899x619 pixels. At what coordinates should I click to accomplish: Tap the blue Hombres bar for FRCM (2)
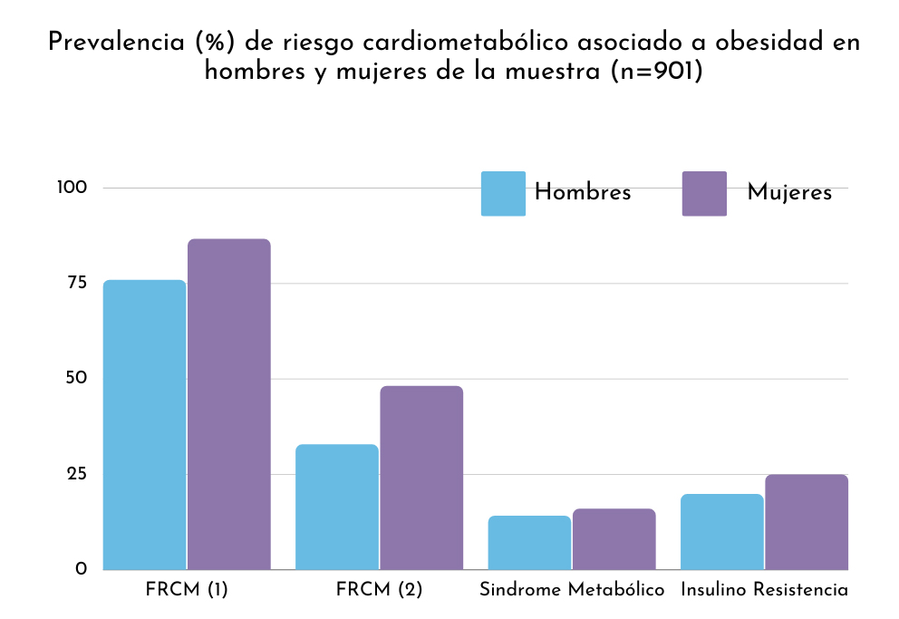(x=337, y=507)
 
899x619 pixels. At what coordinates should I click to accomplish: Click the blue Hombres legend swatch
(x=503, y=193)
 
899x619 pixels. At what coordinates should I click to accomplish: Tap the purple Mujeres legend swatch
(x=704, y=193)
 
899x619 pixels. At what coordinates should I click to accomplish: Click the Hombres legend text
(x=583, y=192)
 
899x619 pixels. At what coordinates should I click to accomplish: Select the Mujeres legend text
(x=789, y=193)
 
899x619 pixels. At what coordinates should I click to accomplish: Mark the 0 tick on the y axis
(x=81, y=569)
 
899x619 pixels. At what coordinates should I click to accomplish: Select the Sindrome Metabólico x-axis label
(x=572, y=589)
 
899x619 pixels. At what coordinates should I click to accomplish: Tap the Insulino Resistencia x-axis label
(x=764, y=589)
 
